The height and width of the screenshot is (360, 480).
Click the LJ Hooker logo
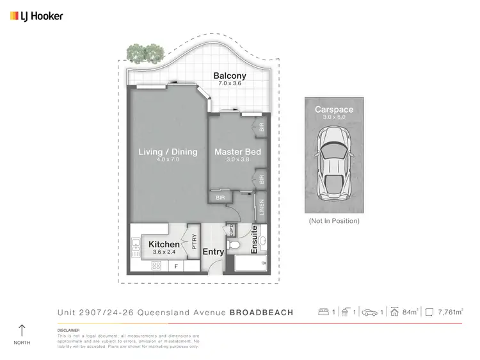point(36,16)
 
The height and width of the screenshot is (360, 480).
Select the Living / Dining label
point(168,152)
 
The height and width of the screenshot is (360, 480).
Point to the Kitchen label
point(164,245)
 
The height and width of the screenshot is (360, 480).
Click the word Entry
point(213,252)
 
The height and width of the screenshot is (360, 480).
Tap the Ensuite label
point(254,240)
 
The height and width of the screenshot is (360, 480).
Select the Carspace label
point(333,110)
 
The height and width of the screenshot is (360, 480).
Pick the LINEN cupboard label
point(261,208)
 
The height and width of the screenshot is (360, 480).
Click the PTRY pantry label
point(193,241)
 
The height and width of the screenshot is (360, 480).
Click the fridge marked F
point(176,265)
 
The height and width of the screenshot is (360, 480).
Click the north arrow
point(22,331)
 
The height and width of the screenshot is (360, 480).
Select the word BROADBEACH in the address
point(261,313)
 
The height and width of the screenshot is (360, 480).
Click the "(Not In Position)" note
point(333,221)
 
